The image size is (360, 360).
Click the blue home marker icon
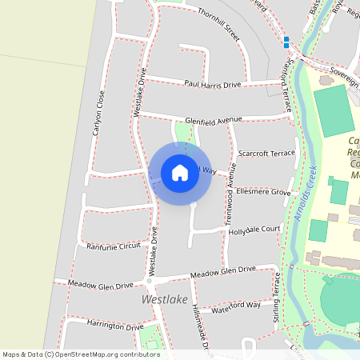(180, 172)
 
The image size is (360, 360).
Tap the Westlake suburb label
(164, 299)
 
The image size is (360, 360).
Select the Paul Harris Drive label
(212, 84)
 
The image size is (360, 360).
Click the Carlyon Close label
(99, 112)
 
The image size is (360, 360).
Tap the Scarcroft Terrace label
(266, 152)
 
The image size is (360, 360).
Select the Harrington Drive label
(115, 326)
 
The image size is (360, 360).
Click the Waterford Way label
(237, 305)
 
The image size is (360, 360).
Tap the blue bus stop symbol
(286, 42)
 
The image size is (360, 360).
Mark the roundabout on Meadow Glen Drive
(149, 281)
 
